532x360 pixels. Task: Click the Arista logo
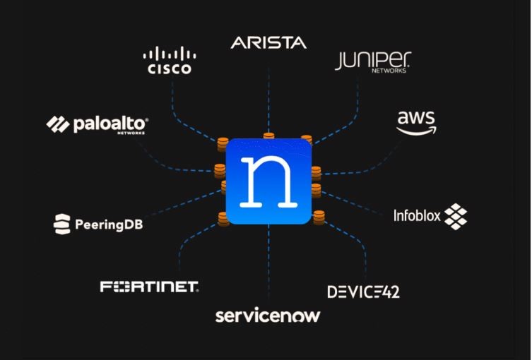[268, 43]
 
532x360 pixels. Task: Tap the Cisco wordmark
[169, 69]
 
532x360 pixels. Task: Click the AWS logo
[416, 122]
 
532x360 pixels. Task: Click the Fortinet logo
[150, 287]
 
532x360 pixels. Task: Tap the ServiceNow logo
[267, 315]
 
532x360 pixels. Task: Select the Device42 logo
[363, 291]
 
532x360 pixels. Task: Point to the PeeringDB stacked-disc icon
[62, 224]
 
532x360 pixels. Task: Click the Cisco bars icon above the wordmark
[169, 54]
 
